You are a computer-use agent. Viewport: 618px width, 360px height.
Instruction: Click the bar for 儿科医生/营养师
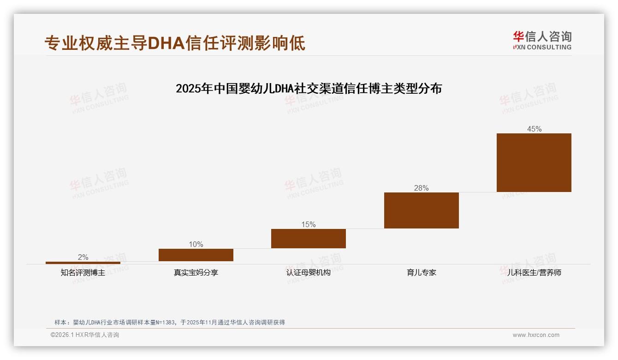534,162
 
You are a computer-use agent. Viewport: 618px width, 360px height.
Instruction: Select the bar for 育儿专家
421,210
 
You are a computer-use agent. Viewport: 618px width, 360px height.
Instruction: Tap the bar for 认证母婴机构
308,238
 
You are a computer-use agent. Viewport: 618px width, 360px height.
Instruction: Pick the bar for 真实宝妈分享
196,255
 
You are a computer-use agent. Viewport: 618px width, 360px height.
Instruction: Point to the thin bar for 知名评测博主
83,263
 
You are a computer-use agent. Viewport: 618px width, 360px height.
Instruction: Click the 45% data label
534,129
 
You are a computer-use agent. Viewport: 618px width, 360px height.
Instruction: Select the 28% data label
421,188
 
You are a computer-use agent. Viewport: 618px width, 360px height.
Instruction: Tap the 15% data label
308,225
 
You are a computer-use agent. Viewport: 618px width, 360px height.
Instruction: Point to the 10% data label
196,245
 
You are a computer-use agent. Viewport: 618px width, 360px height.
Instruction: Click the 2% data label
83,258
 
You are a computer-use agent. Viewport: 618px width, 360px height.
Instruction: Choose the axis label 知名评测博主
83,273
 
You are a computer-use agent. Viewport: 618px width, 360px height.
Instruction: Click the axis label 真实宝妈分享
196,273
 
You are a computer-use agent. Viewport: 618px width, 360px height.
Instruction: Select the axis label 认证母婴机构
308,273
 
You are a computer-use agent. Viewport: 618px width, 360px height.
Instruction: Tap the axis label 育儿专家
421,273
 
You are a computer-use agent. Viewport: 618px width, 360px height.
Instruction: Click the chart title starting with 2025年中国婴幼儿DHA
309,89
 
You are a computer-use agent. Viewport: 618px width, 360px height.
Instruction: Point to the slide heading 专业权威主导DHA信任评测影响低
175,43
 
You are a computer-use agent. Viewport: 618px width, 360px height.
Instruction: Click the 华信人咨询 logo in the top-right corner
542,41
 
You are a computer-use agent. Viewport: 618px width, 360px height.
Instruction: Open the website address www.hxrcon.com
535,335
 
